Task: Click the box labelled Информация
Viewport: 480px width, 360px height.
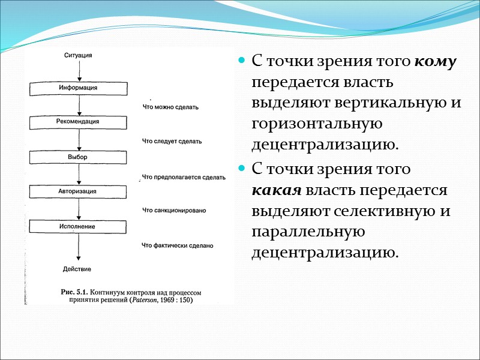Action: (x=79, y=88)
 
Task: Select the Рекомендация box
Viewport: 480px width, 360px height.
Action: (x=79, y=122)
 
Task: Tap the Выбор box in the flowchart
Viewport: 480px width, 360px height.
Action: (x=79, y=157)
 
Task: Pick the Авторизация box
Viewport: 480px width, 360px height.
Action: (x=79, y=191)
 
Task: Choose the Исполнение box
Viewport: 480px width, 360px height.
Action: (x=79, y=226)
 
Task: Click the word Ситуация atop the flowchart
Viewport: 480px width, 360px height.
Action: (x=79, y=56)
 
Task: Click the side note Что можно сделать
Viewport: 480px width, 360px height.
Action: (x=170, y=107)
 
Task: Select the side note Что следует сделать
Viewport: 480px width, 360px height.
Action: (x=172, y=142)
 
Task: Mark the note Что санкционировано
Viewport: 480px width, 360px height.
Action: (x=175, y=211)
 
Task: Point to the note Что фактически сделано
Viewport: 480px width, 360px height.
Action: (x=178, y=245)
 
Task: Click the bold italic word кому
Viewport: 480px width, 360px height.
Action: (x=436, y=61)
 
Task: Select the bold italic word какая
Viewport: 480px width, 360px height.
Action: (x=277, y=191)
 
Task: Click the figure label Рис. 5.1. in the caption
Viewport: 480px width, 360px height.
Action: (x=76, y=292)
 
